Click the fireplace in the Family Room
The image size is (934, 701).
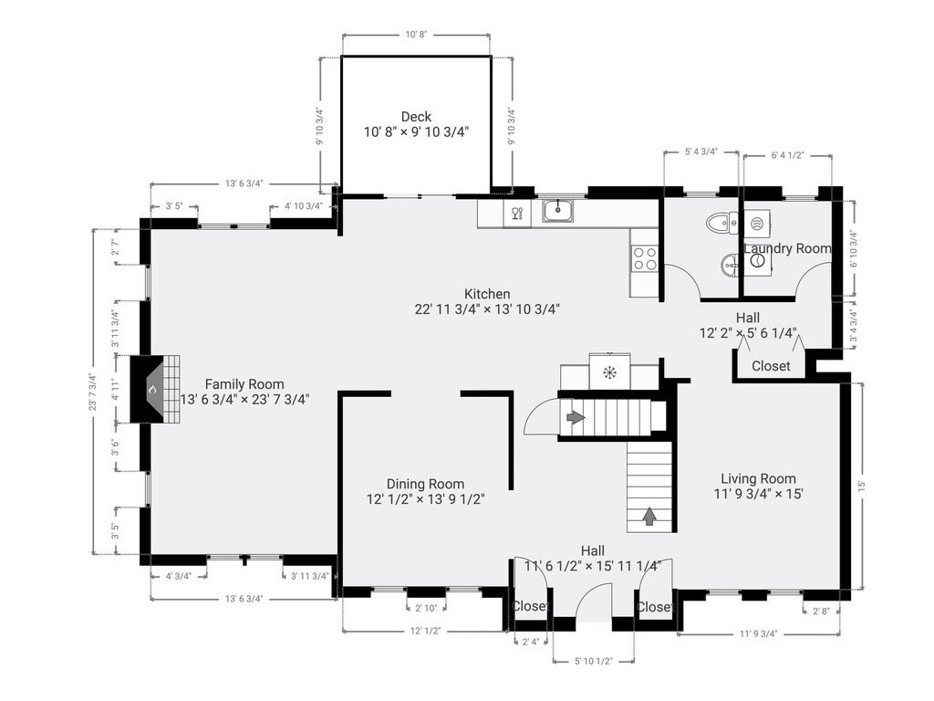(x=155, y=389)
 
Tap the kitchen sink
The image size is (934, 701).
(x=557, y=211)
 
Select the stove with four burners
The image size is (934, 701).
(x=645, y=258)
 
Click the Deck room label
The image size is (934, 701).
(x=416, y=117)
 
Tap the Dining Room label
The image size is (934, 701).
(x=425, y=484)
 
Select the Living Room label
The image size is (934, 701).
(x=758, y=478)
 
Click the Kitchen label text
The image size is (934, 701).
(x=487, y=294)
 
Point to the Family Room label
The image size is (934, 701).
(x=244, y=384)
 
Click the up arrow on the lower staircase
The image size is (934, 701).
(x=649, y=517)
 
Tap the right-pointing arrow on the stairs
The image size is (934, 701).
(x=576, y=417)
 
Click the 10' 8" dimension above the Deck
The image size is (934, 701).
(x=416, y=35)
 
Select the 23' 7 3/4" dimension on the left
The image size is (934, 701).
(x=92, y=392)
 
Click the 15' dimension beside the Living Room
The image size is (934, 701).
(x=861, y=486)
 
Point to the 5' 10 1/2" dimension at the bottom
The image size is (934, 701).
(x=593, y=661)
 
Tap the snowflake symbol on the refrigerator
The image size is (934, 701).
(x=609, y=373)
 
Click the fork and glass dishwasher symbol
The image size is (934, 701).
(x=517, y=212)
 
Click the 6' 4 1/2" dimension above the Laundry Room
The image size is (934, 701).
(x=787, y=155)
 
